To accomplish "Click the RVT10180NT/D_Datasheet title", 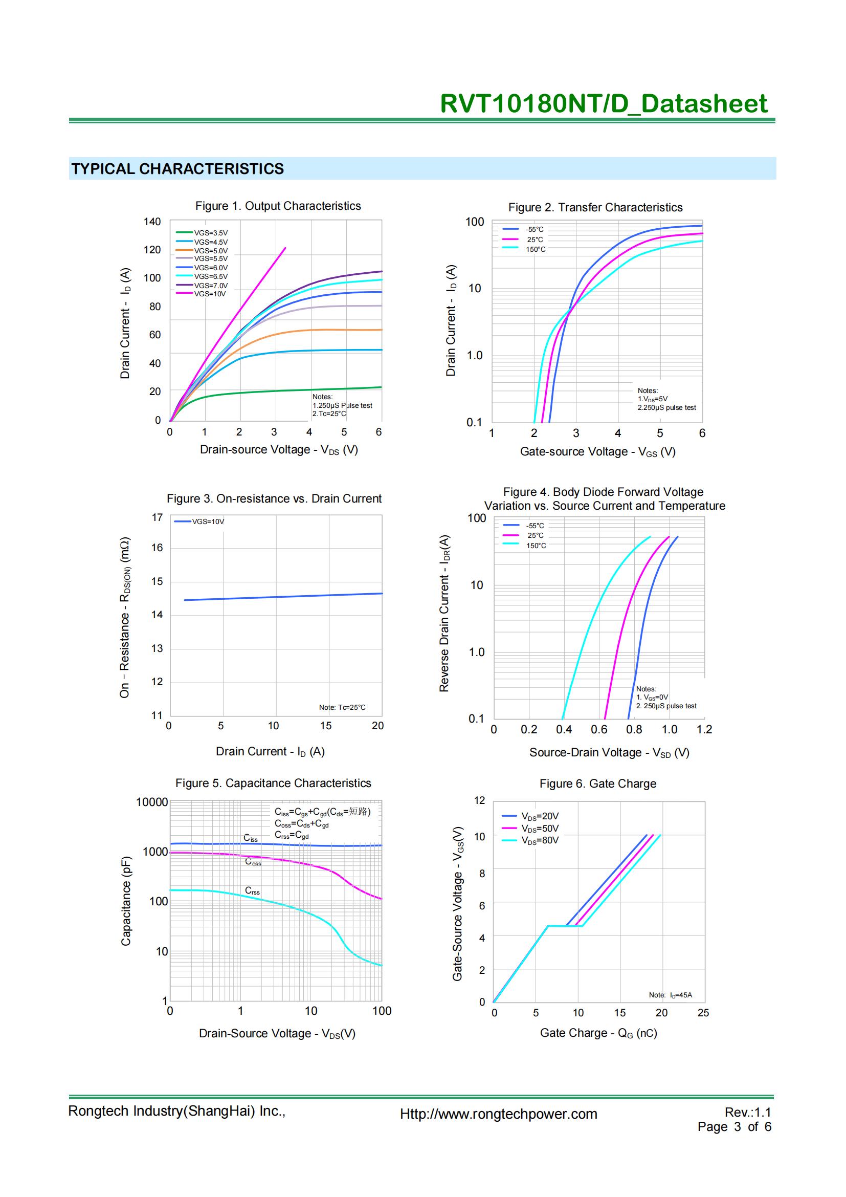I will click(603, 103).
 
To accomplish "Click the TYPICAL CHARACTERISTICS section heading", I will click(177, 168).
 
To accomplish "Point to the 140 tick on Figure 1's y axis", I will click(152, 222).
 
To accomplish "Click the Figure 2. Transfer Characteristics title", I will click(595, 207).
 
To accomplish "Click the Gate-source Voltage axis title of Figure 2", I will click(597, 451).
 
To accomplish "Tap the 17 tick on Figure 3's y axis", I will click(157, 518).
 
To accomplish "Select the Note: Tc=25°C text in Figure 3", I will click(342, 707).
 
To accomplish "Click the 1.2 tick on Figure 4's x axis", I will click(704, 729).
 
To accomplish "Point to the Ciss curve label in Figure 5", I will click(251, 838).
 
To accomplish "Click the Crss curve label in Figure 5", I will click(252, 891).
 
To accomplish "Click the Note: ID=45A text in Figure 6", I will click(670, 995).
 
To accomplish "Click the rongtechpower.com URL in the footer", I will click(499, 1114).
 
